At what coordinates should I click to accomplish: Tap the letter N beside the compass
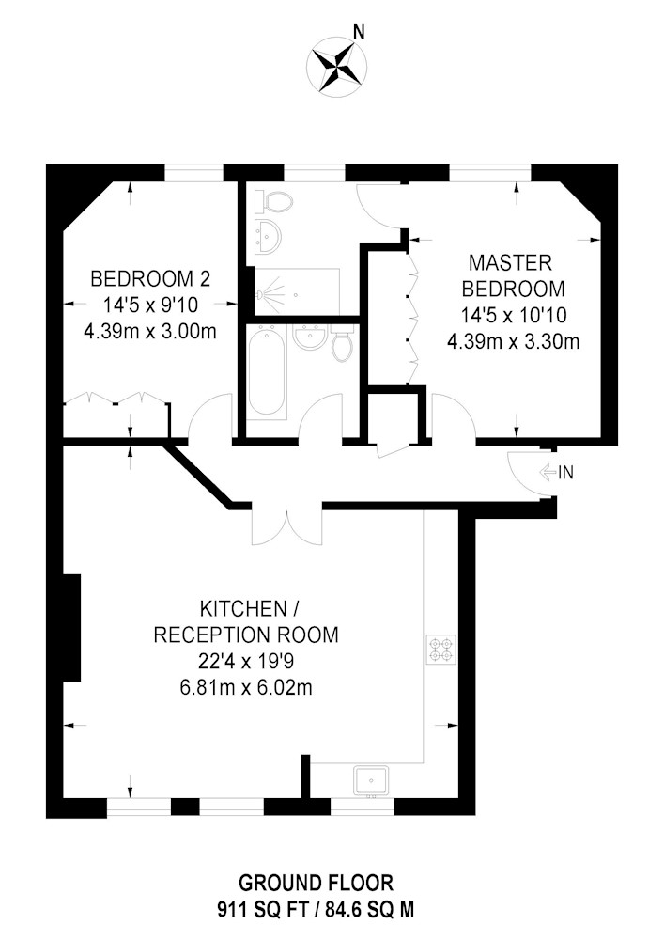(x=358, y=31)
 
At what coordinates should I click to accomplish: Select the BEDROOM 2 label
(x=150, y=279)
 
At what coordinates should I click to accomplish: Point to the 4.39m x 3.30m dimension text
(x=512, y=341)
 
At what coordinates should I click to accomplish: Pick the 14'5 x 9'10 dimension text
(x=150, y=305)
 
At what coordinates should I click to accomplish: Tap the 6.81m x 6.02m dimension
(x=245, y=688)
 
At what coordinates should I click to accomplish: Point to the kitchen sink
(x=372, y=780)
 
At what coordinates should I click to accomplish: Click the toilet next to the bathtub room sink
(x=343, y=345)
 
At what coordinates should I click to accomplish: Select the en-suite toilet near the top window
(x=277, y=200)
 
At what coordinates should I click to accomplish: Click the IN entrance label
(x=564, y=473)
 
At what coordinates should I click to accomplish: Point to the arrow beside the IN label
(x=548, y=473)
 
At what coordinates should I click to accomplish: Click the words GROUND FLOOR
(x=314, y=884)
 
